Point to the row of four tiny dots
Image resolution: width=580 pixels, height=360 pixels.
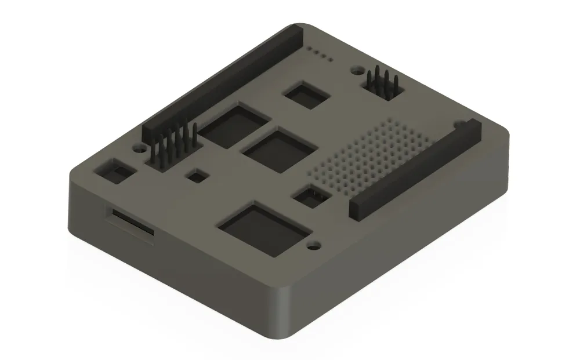click(x=320, y=54)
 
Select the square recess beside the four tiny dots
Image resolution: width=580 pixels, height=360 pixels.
click(x=306, y=94)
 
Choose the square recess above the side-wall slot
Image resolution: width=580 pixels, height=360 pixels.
click(x=115, y=172)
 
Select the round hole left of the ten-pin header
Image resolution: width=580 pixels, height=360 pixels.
click(x=139, y=148)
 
